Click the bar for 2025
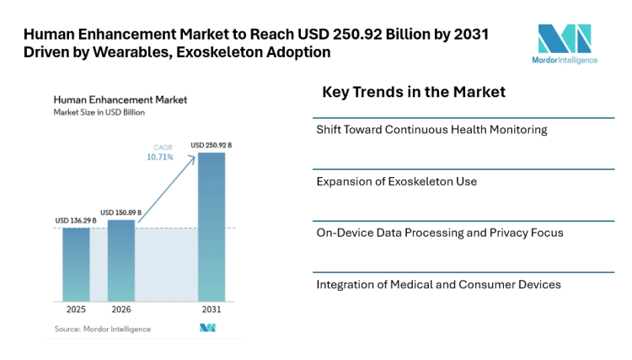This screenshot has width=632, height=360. (76, 264)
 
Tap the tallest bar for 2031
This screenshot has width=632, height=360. (212, 226)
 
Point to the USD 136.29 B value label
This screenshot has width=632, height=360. (76, 221)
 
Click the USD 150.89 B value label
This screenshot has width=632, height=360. (121, 212)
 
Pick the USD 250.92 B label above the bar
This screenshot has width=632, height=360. (212, 145)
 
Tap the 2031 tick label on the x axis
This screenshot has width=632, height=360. (212, 309)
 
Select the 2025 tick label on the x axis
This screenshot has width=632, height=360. (76, 309)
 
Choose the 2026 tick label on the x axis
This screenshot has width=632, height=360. (121, 309)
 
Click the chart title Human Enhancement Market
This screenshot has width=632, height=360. (120, 99)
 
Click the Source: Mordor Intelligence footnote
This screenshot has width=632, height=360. (102, 328)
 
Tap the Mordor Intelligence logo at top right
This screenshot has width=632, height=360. (565, 44)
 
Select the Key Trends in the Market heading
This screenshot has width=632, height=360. (414, 92)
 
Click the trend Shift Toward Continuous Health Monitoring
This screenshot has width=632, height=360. (431, 130)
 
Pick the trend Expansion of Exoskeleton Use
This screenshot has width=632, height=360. (396, 181)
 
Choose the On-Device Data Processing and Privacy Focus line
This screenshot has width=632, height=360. (439, 233)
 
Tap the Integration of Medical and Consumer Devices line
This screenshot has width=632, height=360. (438, 284)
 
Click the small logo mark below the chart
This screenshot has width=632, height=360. (207, 328)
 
